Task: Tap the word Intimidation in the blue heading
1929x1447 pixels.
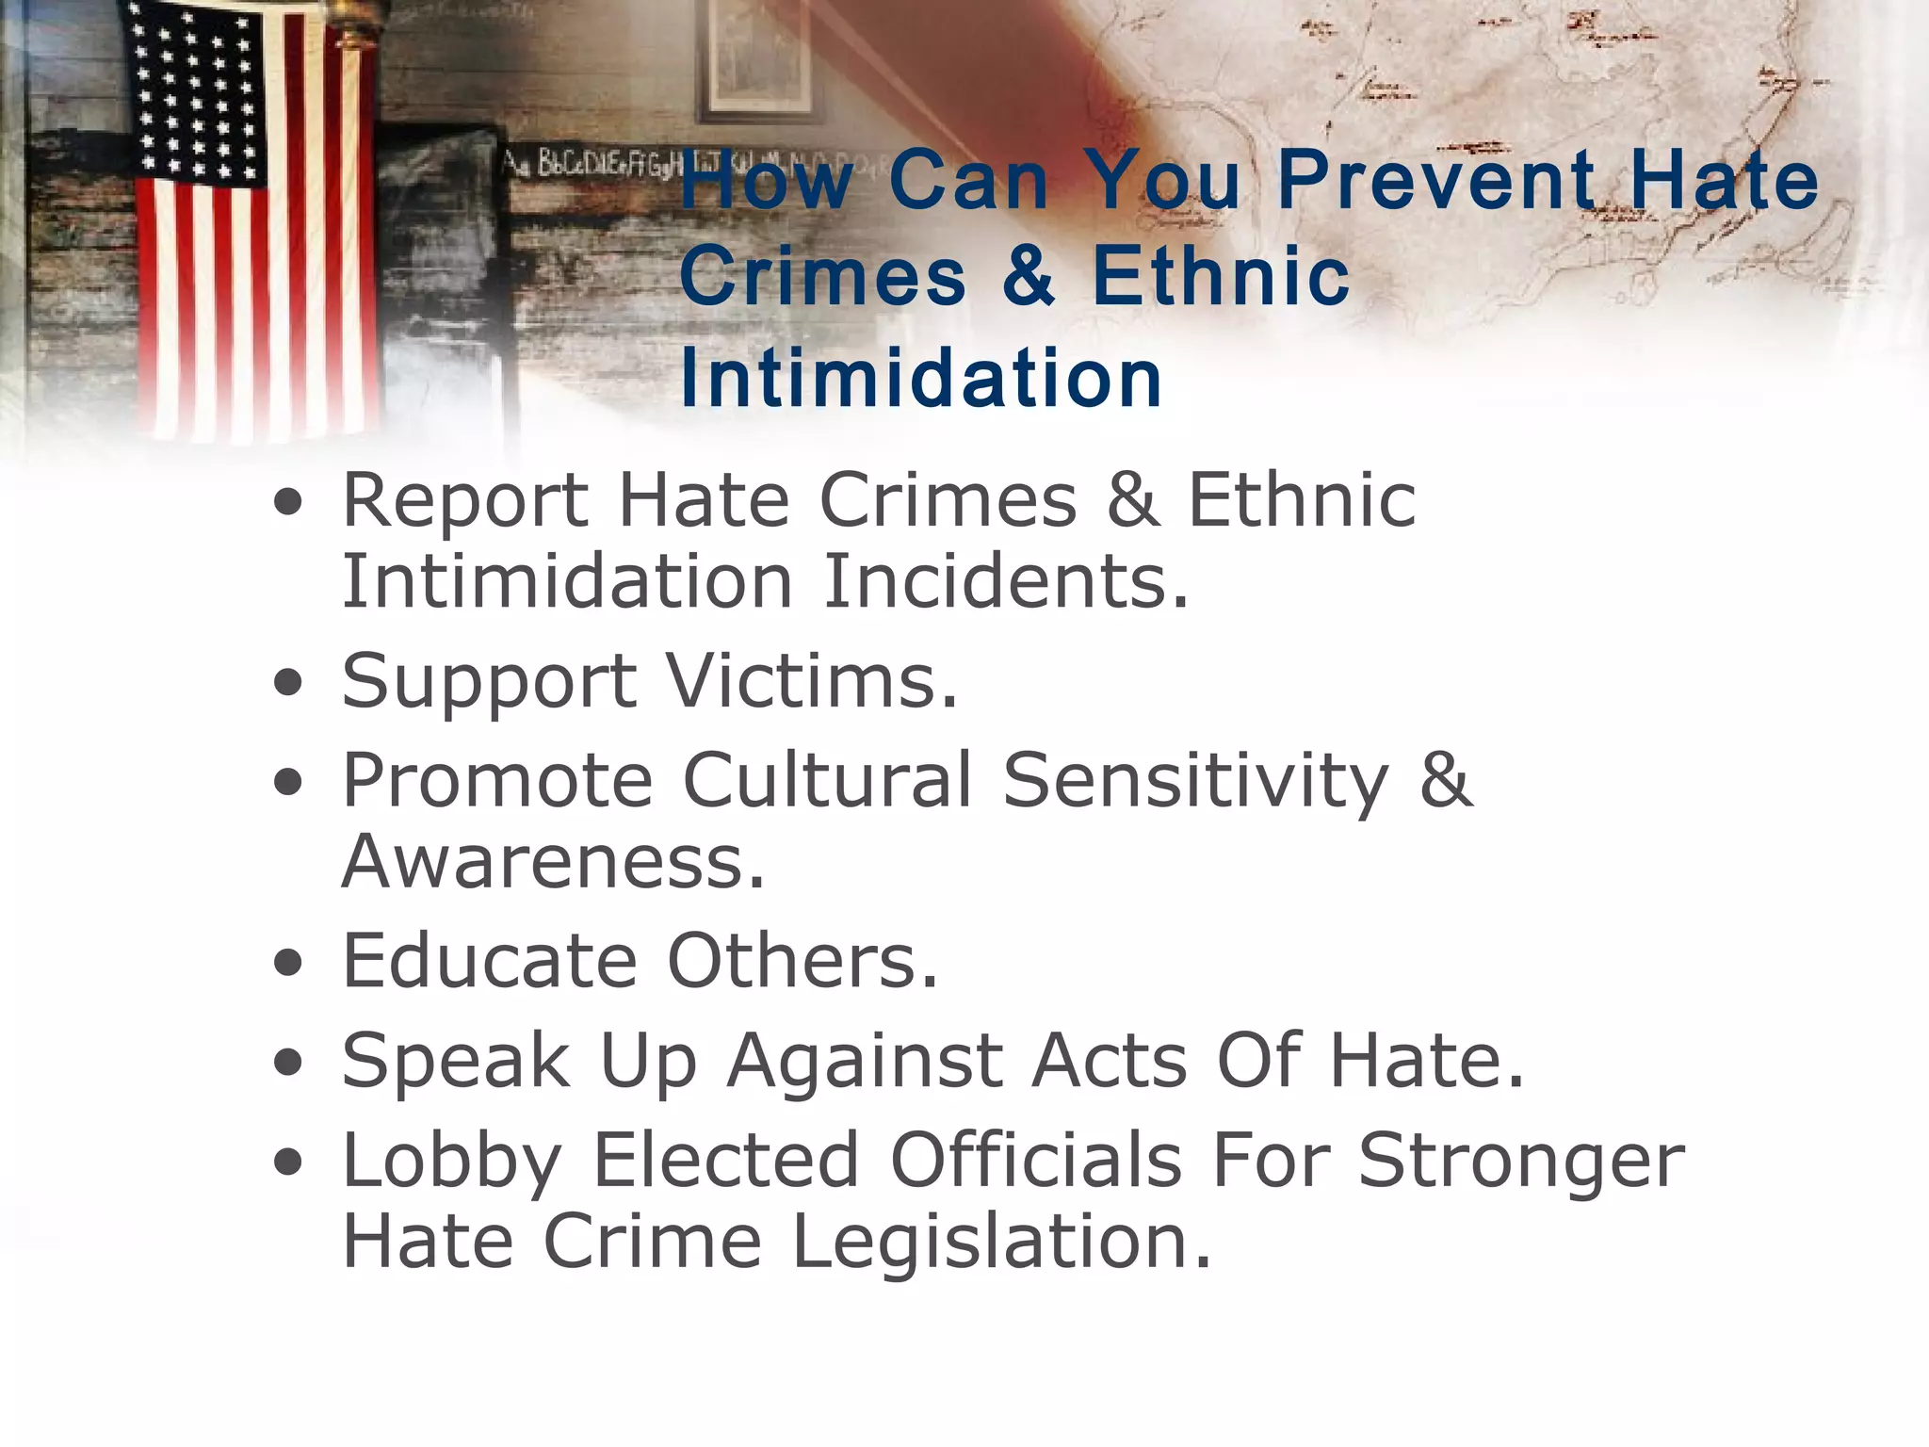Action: [x=920, y=378]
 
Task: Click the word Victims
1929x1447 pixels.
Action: [x=812, y=680]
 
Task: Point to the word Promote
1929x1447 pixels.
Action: [x=496, y=780]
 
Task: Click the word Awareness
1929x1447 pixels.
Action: [x=553, y=861]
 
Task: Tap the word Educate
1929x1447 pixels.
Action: [x=490, y=961]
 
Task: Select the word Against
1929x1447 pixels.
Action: [x=865, y=1062]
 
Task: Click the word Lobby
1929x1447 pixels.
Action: [x=452, y=1161]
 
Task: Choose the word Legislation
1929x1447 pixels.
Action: [x=1001, y=1241]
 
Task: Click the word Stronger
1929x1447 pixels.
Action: [x=1521, y=1161]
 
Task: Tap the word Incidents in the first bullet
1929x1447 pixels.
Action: [x=1006, y=581]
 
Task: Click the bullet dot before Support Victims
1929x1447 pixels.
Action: [x=288, y=682]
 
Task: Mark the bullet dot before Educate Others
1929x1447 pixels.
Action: [x=288, y=963]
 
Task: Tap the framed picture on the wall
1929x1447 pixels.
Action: [x=759, y=57]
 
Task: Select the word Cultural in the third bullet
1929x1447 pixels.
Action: [x=827, y=780]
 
